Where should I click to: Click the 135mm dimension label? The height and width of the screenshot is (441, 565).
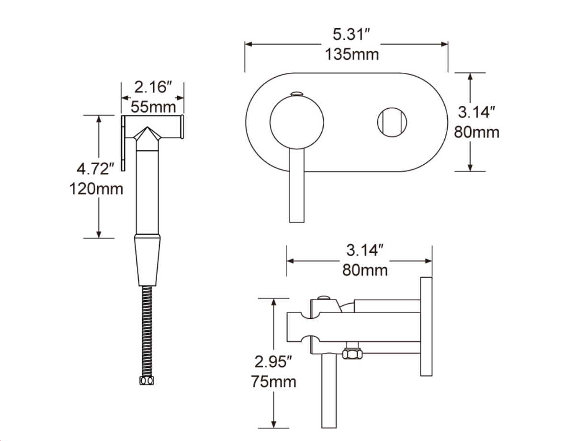352,55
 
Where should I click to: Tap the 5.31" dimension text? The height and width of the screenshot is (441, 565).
351,35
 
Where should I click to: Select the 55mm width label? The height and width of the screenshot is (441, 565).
153,107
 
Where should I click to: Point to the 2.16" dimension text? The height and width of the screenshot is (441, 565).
153,88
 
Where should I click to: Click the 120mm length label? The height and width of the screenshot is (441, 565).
96,189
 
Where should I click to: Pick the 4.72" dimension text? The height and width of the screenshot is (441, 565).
95,169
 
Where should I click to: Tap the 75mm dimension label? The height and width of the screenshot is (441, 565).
274,382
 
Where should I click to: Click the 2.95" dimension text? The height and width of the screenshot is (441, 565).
273,362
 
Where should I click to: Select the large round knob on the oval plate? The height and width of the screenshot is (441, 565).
296,122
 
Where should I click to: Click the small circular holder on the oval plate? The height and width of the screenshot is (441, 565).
392,122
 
